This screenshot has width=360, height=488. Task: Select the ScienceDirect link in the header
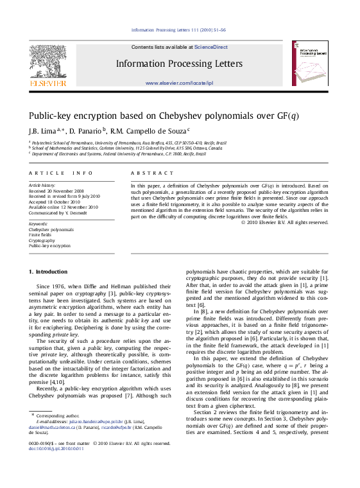[x=211, y=47]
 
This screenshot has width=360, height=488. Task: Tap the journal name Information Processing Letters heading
[x=179, y=64]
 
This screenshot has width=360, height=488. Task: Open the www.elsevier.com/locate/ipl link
[x=179, y=83]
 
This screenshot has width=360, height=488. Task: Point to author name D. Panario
[x=85, y=131]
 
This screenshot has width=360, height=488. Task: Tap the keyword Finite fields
[x=40, y=235]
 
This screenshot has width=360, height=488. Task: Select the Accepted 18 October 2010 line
[x=54, y=202]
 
